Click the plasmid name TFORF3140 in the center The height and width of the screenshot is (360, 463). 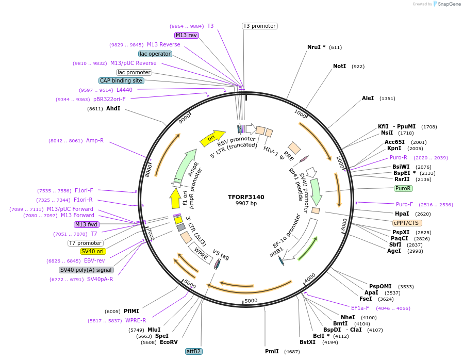pos(246,197)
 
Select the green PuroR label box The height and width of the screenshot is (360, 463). pos(403,188)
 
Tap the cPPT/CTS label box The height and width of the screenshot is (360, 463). pos(407,223)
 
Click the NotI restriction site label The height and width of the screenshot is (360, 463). pos(339,67)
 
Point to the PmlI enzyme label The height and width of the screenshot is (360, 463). pos(272,351)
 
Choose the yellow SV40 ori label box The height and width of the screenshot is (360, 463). pos(93,251)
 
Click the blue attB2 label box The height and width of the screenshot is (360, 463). pos(194,351)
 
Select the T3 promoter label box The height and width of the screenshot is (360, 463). pos(259,26)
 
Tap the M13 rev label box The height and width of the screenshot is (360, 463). pos(186,35)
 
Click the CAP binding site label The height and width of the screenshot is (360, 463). pos(121,80)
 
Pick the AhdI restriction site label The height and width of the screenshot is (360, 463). pos(113,109)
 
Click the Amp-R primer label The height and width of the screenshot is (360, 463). pos(95,140)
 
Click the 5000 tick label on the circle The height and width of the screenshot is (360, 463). pos(251,301)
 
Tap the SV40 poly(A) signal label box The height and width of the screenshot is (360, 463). pos(86,270)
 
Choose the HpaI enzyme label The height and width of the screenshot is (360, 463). pos(402,214)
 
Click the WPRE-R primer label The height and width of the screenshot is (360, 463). pos(136,320)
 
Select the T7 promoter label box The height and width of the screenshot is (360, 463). pos(86,243)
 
